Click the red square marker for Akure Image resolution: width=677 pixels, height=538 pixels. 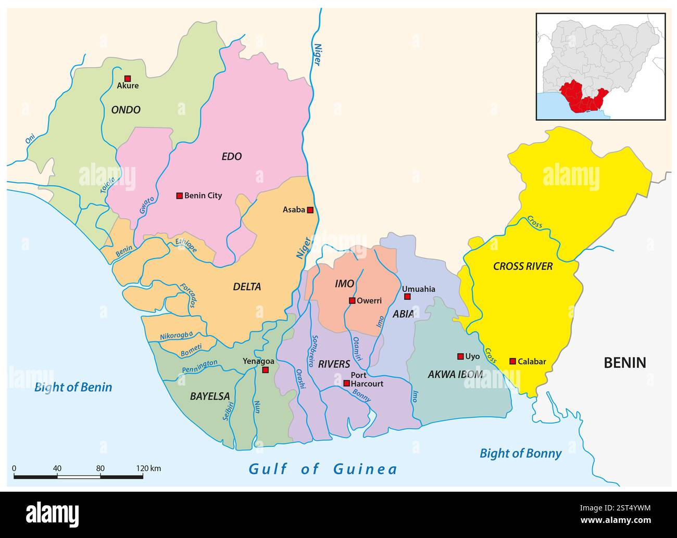[x=128, y=79]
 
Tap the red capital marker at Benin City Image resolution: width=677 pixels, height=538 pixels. [x=179, y=196]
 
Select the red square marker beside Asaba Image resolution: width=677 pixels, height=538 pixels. [x=310, y=210]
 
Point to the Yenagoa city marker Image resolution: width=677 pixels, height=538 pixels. [x=265, y=370]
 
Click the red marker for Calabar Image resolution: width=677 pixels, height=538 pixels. [x=512, y=361]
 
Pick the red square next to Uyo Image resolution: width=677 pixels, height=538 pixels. [x=460, y=356]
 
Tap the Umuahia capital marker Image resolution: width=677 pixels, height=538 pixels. [x=407, y=297]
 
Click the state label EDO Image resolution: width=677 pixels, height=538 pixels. [x=232, y=157]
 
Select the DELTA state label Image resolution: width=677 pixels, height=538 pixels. [x=247, y=287]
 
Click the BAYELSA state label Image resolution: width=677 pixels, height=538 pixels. [x=210, y=396]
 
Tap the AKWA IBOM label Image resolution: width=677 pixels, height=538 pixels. [x=455, y=374]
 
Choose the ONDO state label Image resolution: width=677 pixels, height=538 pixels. [x=126, y=110]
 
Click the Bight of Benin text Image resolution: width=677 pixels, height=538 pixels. [x=73, y=387]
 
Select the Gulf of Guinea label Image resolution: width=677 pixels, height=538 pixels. [x=323, y=469]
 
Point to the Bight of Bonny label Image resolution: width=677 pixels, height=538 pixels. [x=520, y=453]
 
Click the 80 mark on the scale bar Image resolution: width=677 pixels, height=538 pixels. [x=101, y=468]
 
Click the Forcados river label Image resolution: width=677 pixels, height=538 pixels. [x=188, y=295]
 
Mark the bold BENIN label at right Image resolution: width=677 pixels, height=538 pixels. [x=625, y=363]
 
